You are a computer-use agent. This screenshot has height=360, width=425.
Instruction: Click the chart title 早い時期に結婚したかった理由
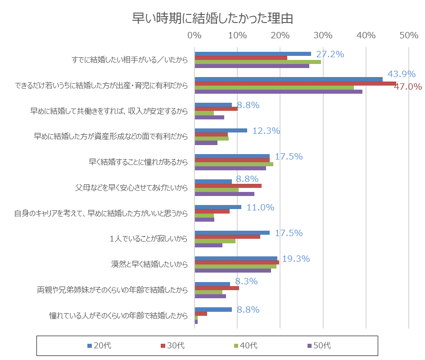tap(212, 18)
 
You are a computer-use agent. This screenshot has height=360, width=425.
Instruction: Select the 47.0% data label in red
tap(407, 87)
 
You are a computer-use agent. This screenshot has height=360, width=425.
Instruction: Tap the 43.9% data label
tap(401, 74)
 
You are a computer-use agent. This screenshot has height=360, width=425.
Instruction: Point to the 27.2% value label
tap(330, 54)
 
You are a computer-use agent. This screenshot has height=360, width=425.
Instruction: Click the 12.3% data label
tap(266, 131)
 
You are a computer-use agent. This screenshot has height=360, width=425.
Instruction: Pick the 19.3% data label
tap(296, 259)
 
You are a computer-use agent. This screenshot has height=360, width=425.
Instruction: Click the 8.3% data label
tap(246, 282)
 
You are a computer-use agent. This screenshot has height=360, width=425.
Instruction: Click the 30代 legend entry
tap(172, 346)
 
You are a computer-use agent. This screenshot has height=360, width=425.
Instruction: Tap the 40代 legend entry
tap(246, 346)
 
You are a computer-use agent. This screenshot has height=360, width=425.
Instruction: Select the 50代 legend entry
tap(319, 346)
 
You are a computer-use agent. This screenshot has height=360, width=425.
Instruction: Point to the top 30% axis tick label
tap(323, 36)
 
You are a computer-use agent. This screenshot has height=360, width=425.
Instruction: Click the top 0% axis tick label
tap(194, 36)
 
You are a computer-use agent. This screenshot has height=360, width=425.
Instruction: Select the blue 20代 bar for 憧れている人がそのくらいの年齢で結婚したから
tap(213, 310)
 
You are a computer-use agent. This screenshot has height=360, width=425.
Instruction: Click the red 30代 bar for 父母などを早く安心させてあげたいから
tap(228, 186)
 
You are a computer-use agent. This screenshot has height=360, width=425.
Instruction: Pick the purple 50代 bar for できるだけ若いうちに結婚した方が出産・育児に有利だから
tap(278, 92)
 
